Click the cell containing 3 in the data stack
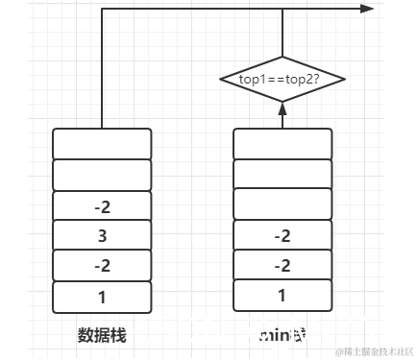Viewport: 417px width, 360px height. (102, 235)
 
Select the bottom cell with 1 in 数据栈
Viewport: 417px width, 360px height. (102, 297)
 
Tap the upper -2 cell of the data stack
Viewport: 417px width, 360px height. (102, 205)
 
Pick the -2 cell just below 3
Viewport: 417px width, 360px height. (102, 266)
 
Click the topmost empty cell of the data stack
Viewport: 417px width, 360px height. (102, 144)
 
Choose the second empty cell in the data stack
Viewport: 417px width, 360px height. (102, 175)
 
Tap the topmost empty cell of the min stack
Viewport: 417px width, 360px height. (282, 144)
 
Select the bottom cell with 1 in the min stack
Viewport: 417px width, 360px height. (282, 297)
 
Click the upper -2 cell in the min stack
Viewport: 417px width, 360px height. (282, 235)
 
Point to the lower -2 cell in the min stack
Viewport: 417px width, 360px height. (282, 266)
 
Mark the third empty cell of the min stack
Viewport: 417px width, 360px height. (282, 205)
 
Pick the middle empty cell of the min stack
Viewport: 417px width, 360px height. (282, 175)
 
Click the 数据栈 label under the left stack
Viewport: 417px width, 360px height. (102, 335)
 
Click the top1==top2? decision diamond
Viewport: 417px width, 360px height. (282, 80)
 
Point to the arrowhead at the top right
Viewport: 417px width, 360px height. (367, 9)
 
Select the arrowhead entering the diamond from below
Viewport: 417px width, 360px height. (282, 110)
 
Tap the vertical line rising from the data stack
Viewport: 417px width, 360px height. (101, 67)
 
